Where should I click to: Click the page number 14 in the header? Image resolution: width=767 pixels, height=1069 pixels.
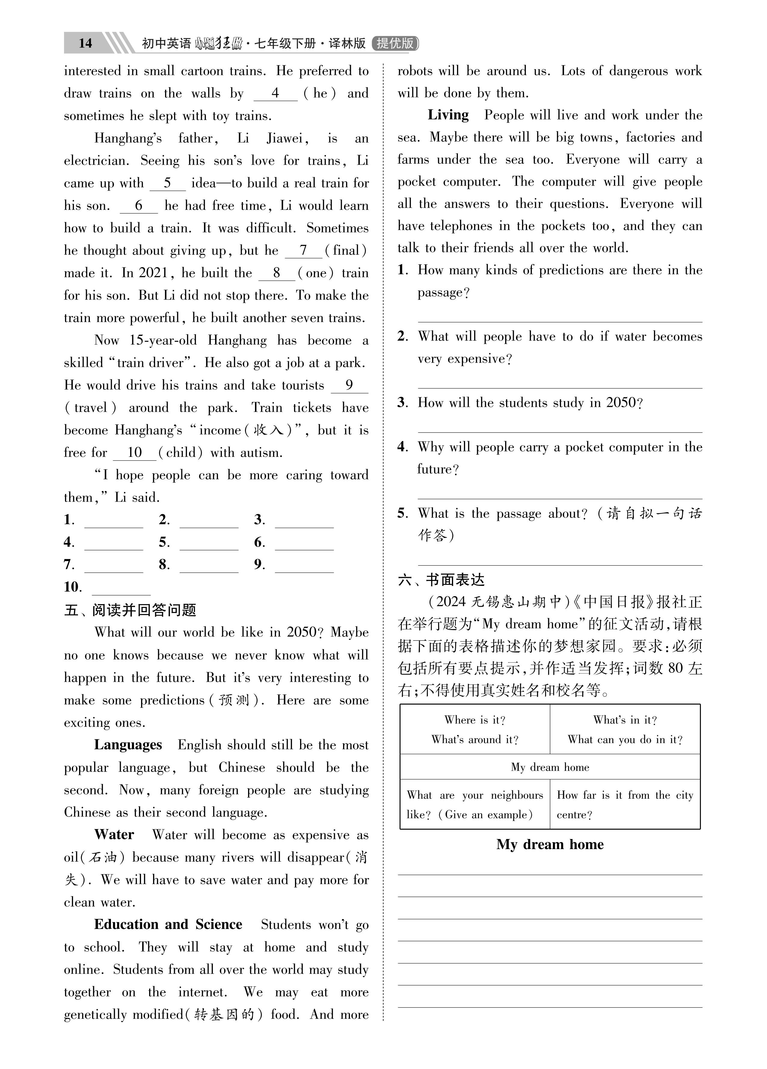(85, 43)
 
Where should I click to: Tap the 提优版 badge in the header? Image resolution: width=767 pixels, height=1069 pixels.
(395, 43)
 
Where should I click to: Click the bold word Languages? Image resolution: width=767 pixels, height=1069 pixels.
(128, 745)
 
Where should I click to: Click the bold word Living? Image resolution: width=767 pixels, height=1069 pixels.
(448, 115)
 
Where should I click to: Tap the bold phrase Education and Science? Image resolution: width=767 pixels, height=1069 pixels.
(168, 924)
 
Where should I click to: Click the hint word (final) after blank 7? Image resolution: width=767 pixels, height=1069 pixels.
(346, 250)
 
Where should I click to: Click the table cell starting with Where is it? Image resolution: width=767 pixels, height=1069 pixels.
(475, 730)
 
